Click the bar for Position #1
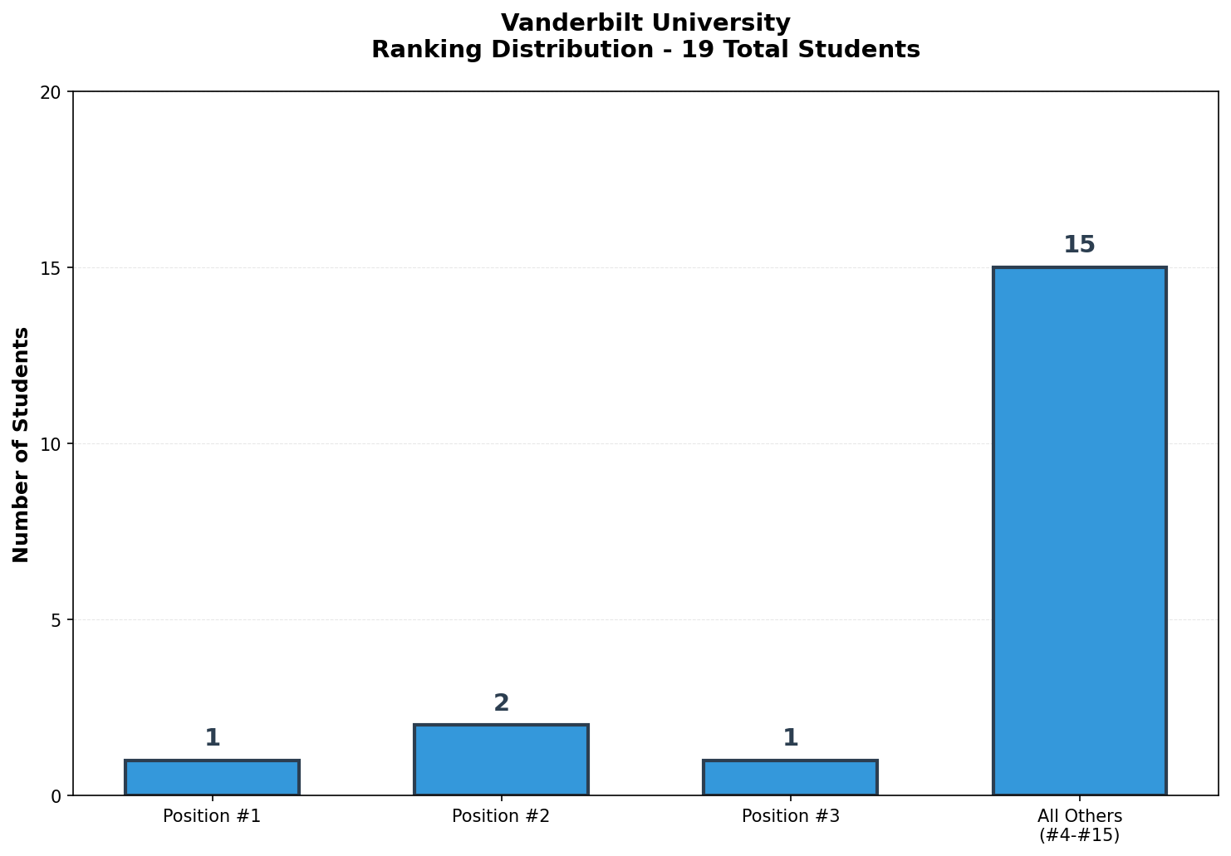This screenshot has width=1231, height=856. click(x=212, y=778)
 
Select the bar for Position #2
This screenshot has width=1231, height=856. click(x=501, y=760)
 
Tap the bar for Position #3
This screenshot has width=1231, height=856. click(x=790, y=778)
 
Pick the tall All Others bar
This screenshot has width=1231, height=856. click(x=1079, y=531)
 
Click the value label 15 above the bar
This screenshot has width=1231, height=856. click(x=1079, y=245)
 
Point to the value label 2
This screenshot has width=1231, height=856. click(x=501, y=703)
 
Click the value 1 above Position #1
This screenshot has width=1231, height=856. click(x=212, y=738)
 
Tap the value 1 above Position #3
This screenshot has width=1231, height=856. click(x=790, y=738)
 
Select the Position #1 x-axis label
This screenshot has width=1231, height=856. click(x=212, y=816)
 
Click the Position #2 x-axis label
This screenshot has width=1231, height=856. click(x=501, y=816)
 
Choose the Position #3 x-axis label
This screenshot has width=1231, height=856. click(x=790, y=816)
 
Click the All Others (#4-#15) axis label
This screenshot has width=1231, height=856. click(x=1079, y=825)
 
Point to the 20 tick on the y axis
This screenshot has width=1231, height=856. click(x=51, y=92)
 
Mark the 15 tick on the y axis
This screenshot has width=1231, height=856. click(x=51, y=268)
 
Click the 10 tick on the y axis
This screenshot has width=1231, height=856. click(x=51, y=444)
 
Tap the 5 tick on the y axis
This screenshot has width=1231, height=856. click(x=56, y=620)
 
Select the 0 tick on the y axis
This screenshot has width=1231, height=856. click(x=56, y=796)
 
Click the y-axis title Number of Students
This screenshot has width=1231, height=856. click(x=22, y=444)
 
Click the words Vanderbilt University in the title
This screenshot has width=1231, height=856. click(x=645, y=22)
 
